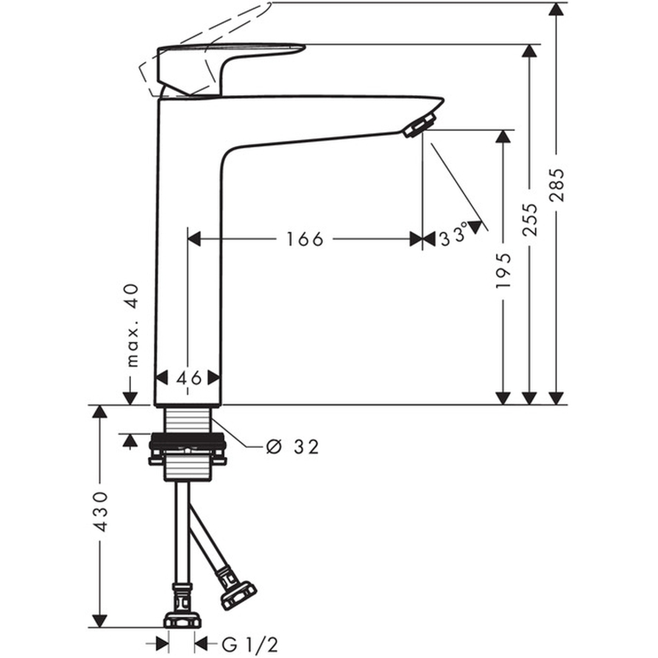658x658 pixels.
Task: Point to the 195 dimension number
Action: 503,271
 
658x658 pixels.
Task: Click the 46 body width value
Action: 189,378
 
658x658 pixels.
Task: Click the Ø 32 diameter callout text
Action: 292,447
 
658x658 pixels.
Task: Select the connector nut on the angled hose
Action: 238,590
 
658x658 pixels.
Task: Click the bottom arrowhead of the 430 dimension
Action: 100,620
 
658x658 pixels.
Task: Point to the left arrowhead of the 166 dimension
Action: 194,239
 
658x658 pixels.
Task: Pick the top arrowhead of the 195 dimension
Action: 503,136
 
